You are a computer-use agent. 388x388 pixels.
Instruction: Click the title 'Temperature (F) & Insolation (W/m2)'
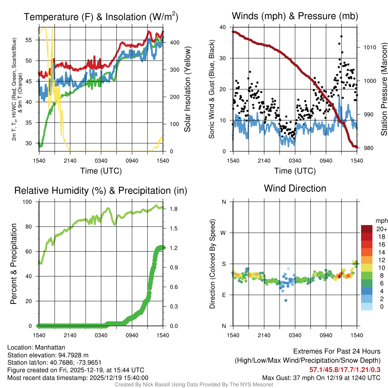[101, 17]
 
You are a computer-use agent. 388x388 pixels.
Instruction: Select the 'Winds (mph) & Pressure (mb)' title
[295, 16]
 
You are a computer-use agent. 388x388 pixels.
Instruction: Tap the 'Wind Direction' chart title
[295, 188]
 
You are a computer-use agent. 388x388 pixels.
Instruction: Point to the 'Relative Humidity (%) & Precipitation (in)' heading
[101, 191]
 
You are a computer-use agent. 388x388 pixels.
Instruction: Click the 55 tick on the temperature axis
[32, 40]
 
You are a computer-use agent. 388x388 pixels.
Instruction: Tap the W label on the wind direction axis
[224, 233]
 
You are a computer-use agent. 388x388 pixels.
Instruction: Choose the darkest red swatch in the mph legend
[367, 229]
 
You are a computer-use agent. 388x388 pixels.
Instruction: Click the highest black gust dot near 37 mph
[341, 36]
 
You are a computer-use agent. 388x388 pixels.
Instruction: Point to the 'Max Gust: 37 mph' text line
[321, 377]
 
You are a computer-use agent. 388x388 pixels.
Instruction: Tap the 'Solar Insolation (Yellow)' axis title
[187, 89]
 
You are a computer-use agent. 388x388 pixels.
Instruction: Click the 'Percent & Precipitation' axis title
[14, 264]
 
